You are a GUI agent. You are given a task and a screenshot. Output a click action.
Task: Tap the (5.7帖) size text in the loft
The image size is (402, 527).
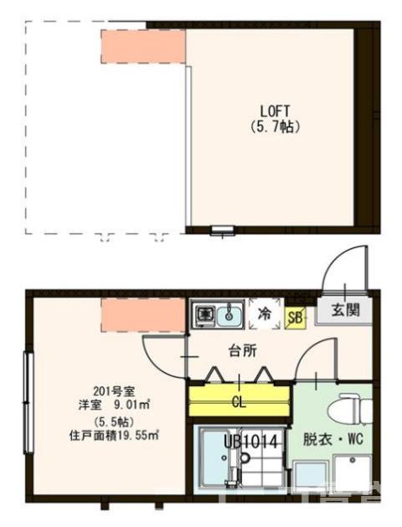pyautogui.click(x=275, y=127)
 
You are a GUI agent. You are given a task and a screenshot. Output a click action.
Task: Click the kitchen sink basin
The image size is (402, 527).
pyautogui.click(x=229, y=316)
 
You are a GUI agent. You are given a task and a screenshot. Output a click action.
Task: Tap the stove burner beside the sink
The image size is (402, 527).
pyautogui.click(x=204, y=316)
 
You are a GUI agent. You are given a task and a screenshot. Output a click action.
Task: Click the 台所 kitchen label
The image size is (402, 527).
pyautogui.click(x=243, y=351)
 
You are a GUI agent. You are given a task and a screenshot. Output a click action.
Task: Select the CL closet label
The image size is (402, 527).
pyautogui.click(x=240, y=401)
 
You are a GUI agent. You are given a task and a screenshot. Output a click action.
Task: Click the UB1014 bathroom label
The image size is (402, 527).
pyautogui.click(x=251, y=439)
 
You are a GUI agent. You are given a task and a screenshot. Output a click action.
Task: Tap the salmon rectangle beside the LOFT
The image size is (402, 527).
pyautogui.click(x=142, y=45)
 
